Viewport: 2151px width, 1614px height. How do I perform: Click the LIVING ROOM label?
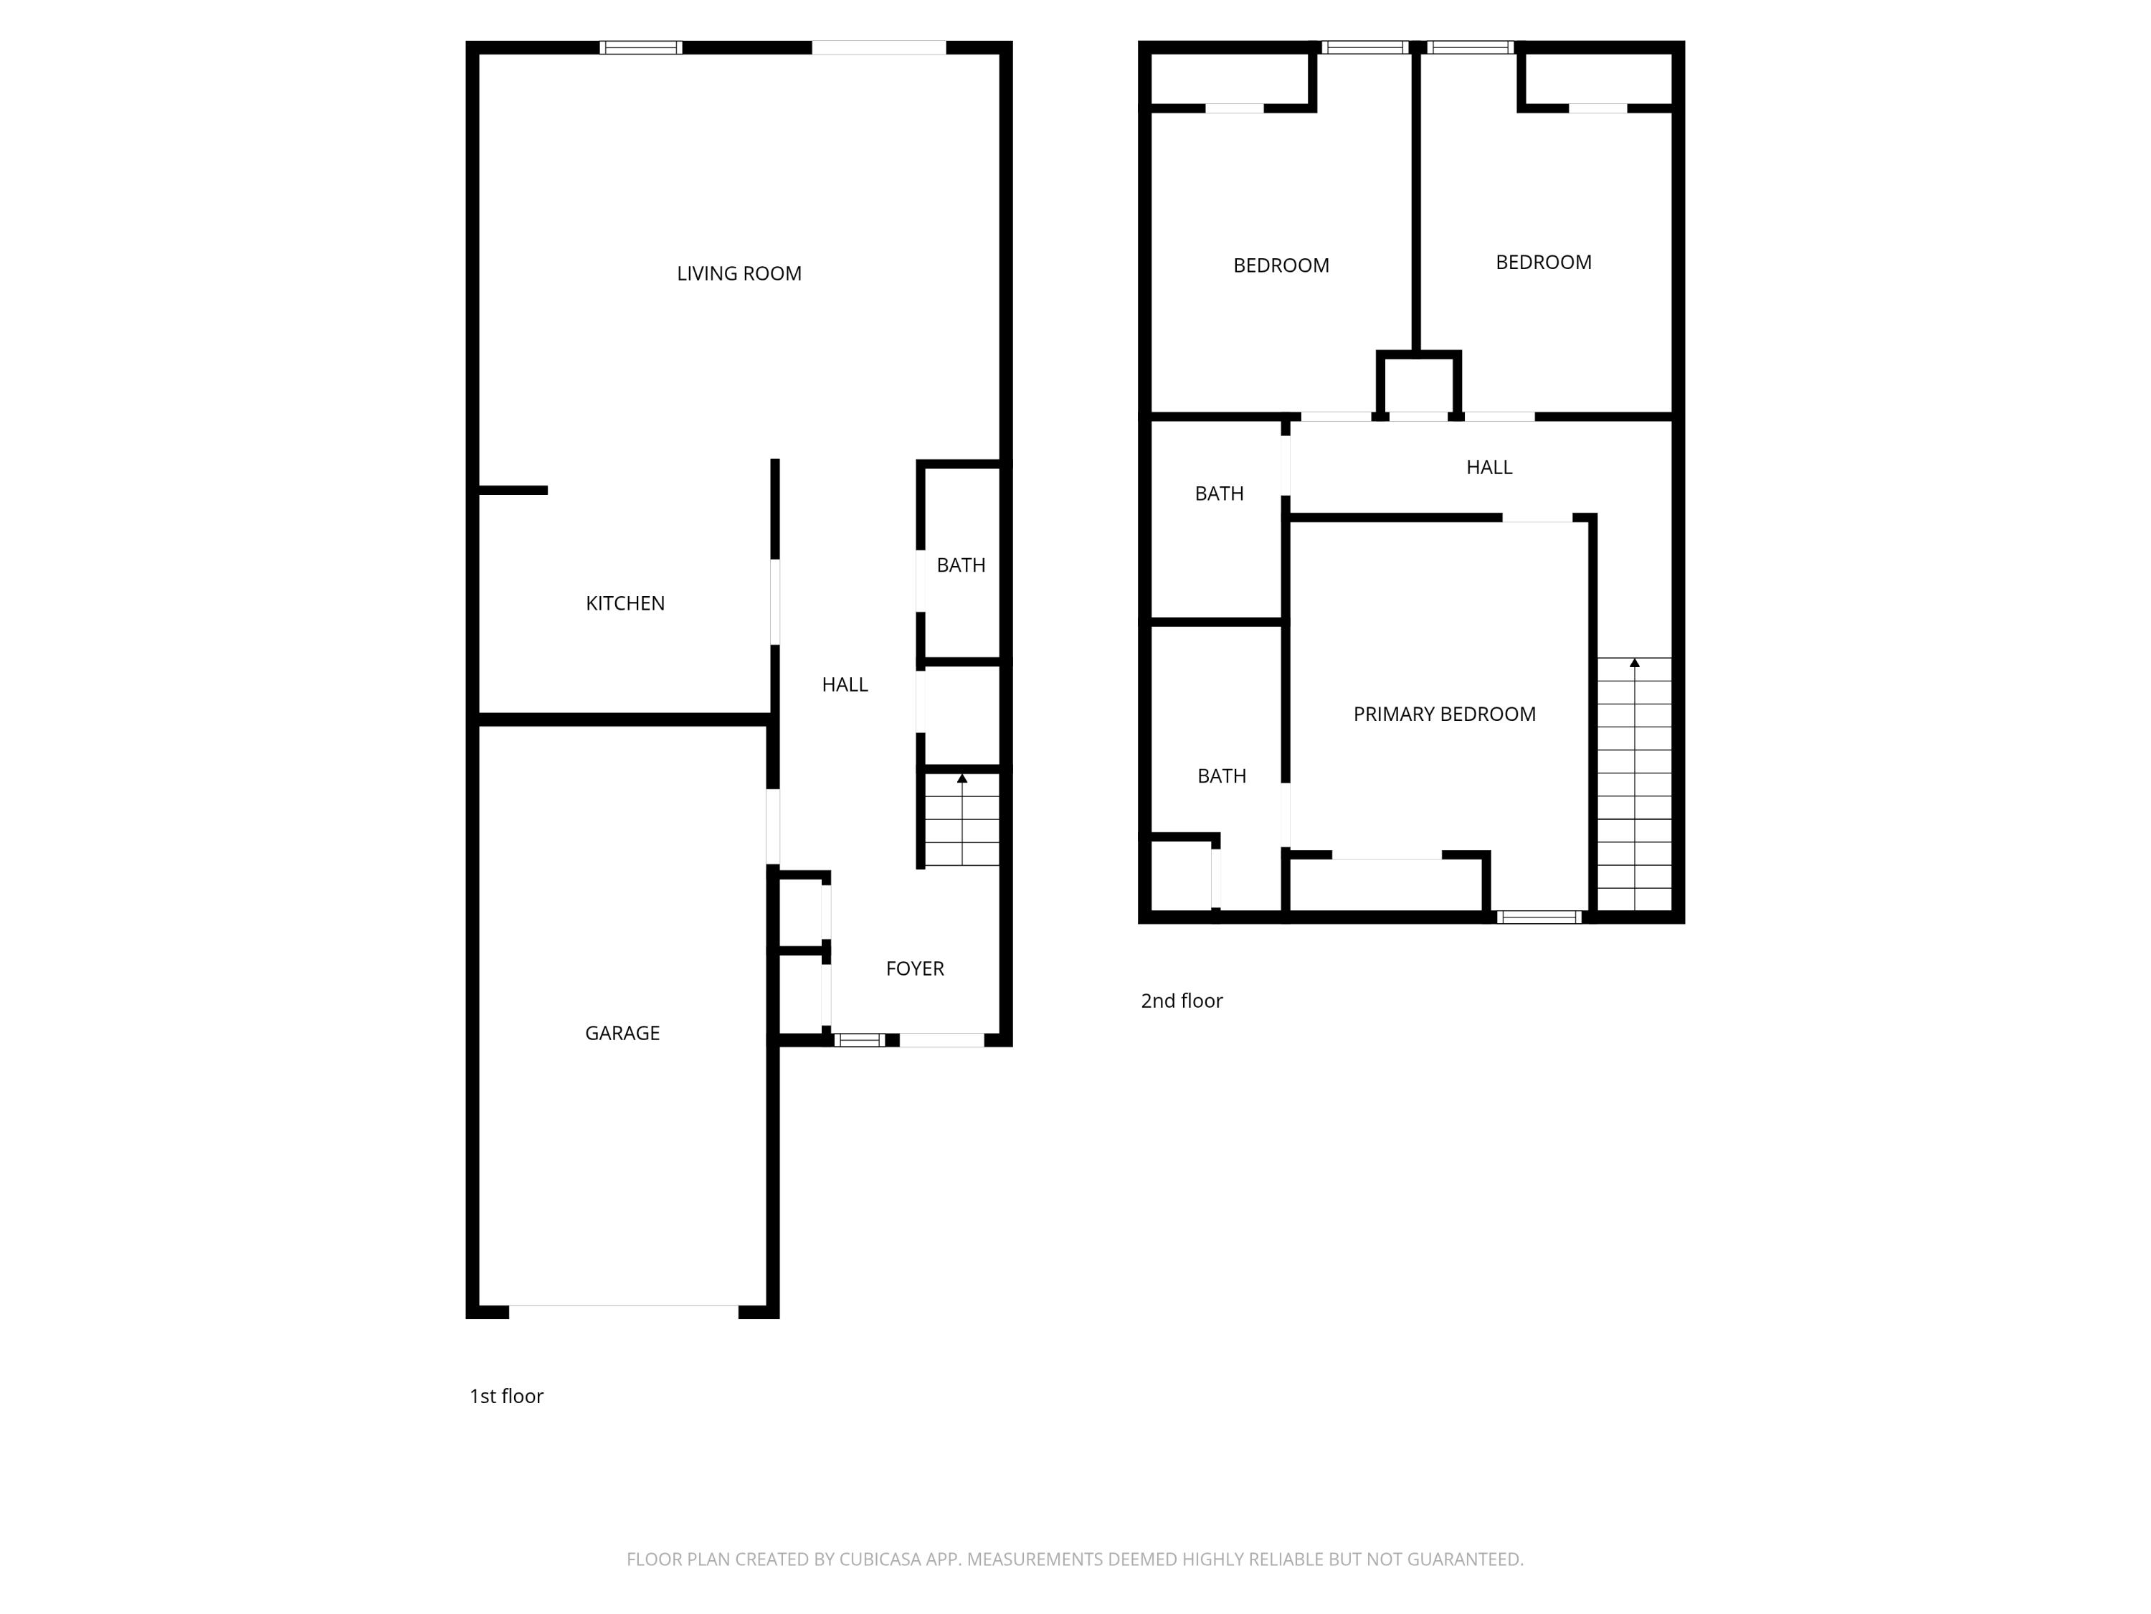pyautogui.click(x=739, y=273)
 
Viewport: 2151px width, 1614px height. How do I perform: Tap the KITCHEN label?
pyautogui.click(x=625, y=603)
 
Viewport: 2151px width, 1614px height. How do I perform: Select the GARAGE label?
pyautogui.click(x=622, y=1033)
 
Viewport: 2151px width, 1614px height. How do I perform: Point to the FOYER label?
pyautogui.click(x=914, y=968)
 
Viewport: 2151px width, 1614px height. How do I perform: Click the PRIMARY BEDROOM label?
pyautogui.click(x=1444, y=714)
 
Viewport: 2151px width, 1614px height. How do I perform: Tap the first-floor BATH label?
pyautogui.click(x=961, y=565)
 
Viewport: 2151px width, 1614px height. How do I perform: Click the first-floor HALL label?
pyautogui.click(x=844, y=685)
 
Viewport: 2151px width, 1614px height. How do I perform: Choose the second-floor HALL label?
pyautogui.click(x=1488, y=467)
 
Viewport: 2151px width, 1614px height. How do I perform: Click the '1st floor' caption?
pyautogui.click(x=505, y=1396)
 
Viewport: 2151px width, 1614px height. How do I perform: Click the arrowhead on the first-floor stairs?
pyautogui.click(x=961, y=778)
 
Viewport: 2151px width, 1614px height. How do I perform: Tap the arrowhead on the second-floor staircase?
pyautogui.click(x=1635, y=663)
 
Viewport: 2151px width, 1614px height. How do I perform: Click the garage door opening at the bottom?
pyautogui.click(x=623, y=1311)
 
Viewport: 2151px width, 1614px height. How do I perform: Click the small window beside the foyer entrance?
pyautogui.click(x=859, y=1040)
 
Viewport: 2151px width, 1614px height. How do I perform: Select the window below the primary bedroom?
pyautogui.click(x=1539, y=917)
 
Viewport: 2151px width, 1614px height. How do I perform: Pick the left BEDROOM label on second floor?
pyautogui.click(x=1281, y=265)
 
